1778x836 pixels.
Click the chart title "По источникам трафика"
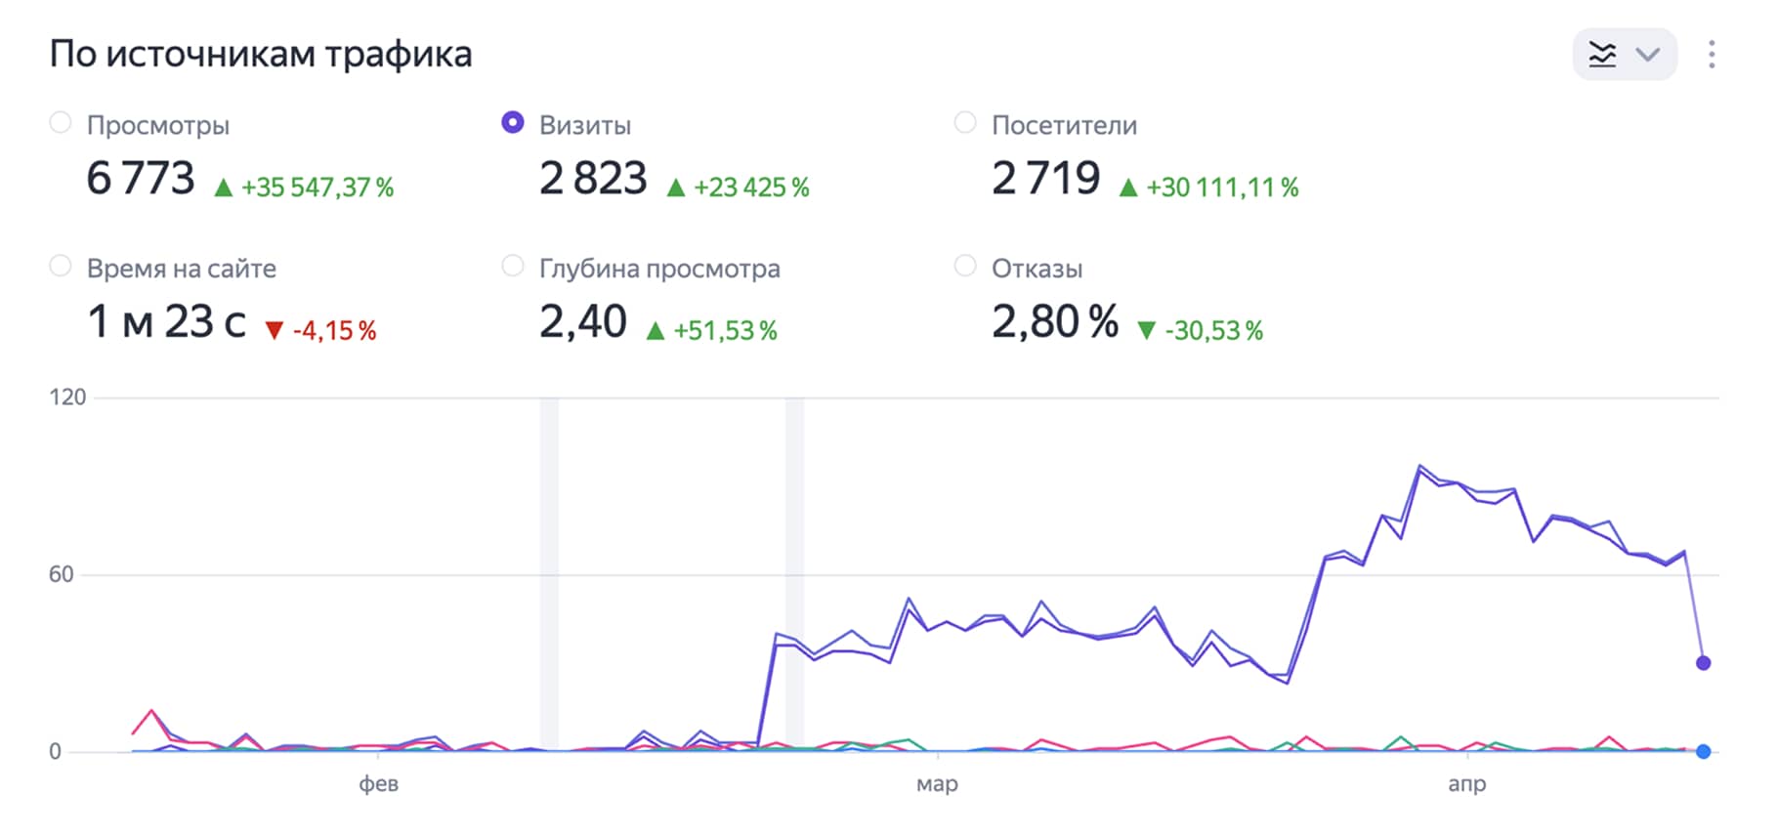261,55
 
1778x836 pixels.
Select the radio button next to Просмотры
61,123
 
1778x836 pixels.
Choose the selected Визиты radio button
512,123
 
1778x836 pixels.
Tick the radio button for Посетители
965,123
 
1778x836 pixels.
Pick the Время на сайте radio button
61,267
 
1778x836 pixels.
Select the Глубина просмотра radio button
512,267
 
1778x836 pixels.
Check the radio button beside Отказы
965,267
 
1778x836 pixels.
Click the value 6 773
141,179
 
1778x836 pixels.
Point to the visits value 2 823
593,179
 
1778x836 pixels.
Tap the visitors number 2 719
1045,179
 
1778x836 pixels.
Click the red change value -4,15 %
334,331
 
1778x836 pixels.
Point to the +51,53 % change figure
725,331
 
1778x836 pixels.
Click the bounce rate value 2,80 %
1055,322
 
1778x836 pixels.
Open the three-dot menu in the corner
1712,55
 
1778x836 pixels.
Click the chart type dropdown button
1625,55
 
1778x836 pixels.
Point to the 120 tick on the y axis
67,397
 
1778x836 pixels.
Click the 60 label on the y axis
61,575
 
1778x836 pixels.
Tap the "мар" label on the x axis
937,784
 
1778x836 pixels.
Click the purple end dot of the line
1703,663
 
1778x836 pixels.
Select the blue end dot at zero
1703,752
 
